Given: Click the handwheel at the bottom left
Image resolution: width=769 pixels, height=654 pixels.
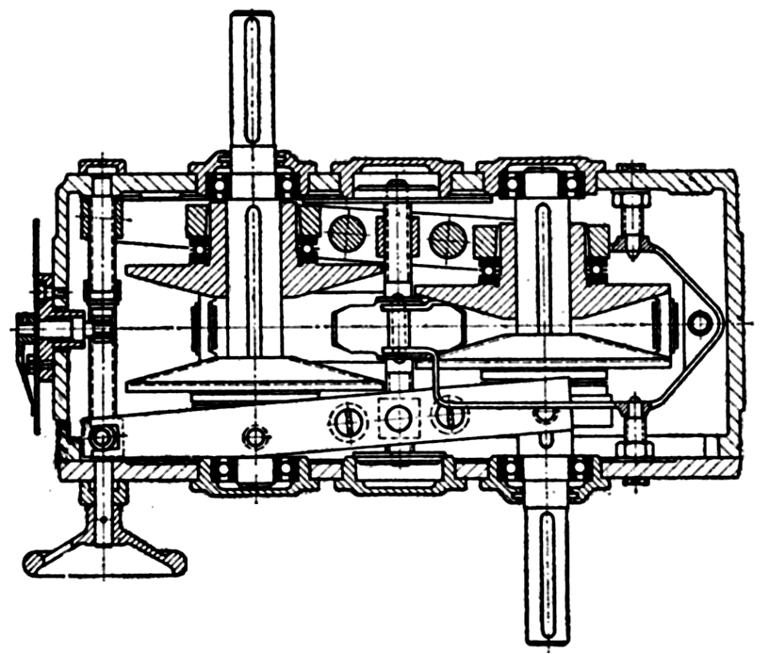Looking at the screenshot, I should (103, 556).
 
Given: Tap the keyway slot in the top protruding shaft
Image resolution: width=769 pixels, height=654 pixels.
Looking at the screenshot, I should (253, 75).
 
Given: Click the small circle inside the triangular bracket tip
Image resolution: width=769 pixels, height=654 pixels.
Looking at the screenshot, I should (698, 323).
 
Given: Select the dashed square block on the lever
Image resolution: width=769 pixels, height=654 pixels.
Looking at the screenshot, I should (399, 417).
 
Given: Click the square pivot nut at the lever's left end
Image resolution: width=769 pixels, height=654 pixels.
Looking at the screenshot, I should (102, 436).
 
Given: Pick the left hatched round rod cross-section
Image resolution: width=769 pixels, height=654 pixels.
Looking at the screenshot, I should (345, 233).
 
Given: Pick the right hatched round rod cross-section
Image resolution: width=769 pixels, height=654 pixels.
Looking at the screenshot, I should (447, 238).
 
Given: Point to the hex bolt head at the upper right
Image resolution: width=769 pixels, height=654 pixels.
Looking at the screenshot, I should (627, 202).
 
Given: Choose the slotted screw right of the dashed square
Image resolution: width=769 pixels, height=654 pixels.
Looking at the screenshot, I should (450, 412).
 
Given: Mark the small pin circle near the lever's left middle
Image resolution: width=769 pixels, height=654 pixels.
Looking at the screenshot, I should (253, 436).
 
